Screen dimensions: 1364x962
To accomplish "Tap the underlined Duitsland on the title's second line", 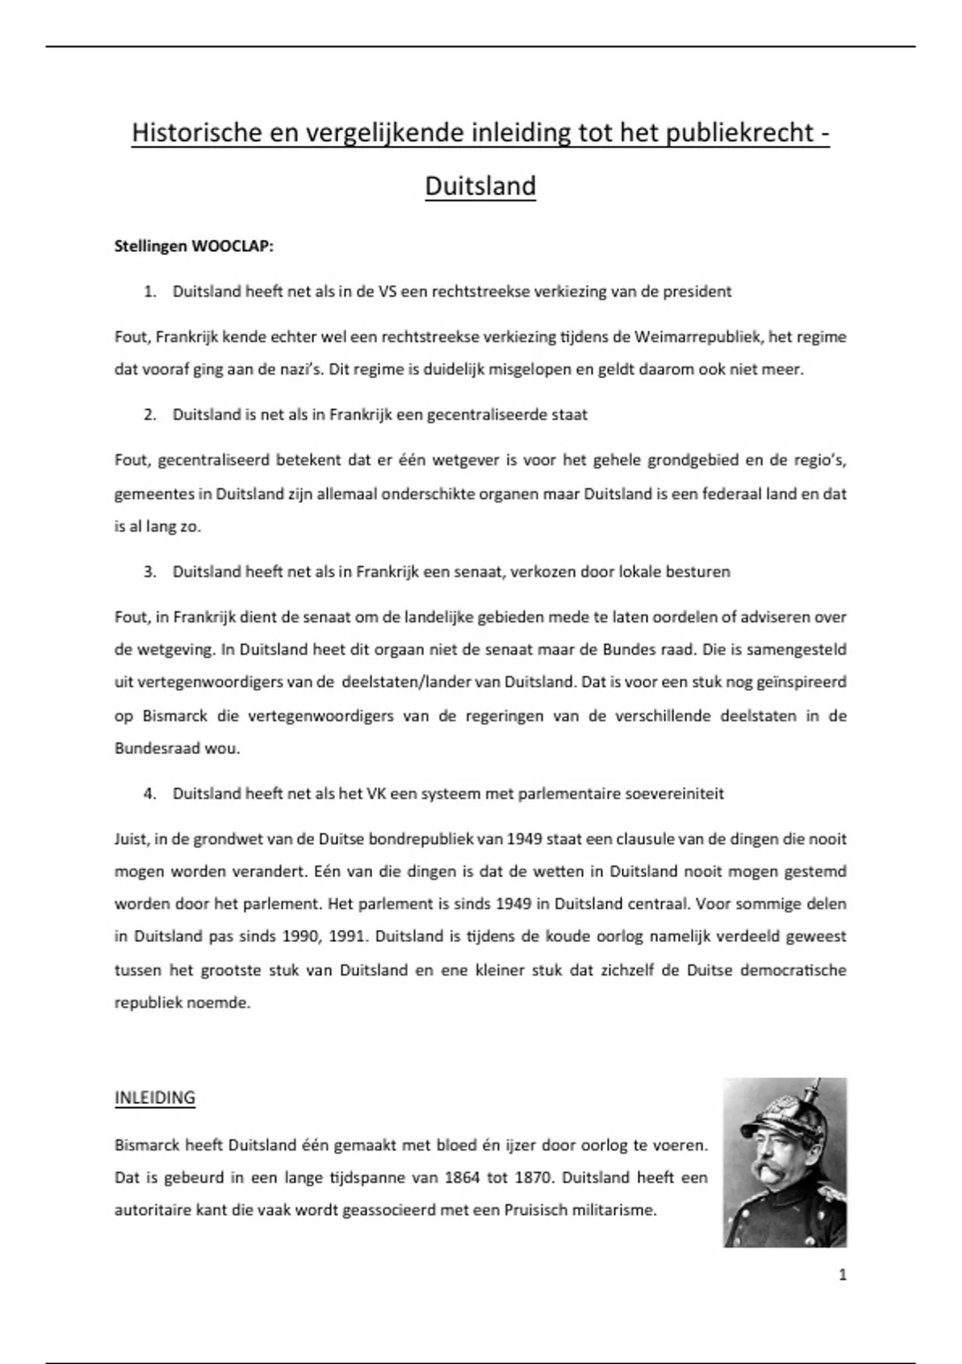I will click(x=480, y=185).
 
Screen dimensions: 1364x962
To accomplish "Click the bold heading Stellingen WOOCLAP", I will click(x=194, y=246).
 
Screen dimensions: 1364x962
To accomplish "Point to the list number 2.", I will click(x=149, y=415).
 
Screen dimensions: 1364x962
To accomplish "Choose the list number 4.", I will click(x=149, y=794).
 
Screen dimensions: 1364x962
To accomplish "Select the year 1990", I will click(x=299, y=936).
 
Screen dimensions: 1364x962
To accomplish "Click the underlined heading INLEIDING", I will click(x=155, y=1098).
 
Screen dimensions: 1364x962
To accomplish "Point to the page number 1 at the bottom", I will click(x=842, y=1274).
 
